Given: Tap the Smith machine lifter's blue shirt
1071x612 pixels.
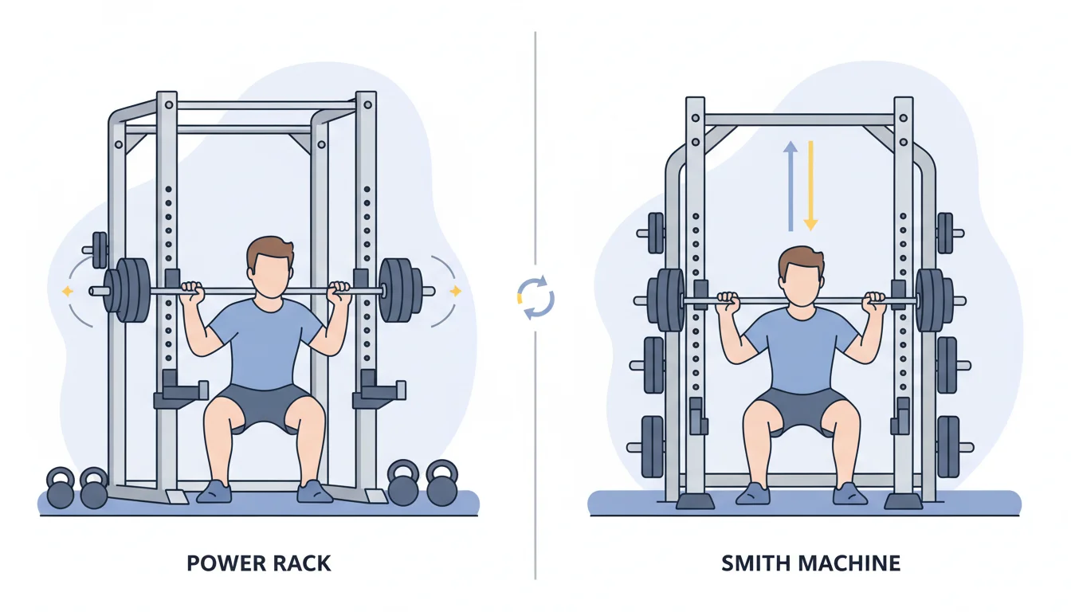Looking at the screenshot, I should click(799, 351).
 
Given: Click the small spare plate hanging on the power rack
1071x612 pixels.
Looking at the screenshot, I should click(100, 250).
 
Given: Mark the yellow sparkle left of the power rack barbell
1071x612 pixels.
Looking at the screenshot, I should click(67, 292).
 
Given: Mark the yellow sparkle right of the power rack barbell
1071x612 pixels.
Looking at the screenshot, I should click(455, 292).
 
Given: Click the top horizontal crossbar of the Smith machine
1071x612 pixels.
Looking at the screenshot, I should click(800, 120).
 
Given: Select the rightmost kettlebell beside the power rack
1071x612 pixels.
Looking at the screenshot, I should click(441, 484).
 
